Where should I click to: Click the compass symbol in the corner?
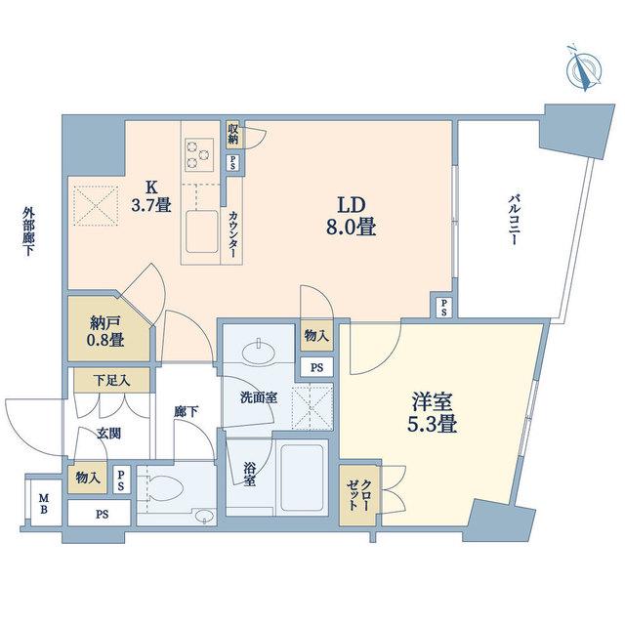585,71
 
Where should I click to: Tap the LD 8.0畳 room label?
352,217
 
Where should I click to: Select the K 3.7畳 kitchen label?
151,196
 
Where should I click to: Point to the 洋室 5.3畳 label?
432,412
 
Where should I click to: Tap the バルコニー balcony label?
515,220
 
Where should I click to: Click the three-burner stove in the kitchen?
199,152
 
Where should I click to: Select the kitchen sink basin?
202,231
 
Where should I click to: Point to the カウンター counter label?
233,234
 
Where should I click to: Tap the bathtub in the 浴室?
302,478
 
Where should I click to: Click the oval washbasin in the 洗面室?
259,352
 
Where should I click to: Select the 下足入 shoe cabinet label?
111,380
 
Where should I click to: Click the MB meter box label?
44,503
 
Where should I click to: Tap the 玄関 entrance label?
108,434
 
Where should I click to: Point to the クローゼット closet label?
358,495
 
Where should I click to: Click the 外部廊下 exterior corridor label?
28,231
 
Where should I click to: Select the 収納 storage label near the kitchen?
233,134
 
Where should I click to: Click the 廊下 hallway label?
187,411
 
